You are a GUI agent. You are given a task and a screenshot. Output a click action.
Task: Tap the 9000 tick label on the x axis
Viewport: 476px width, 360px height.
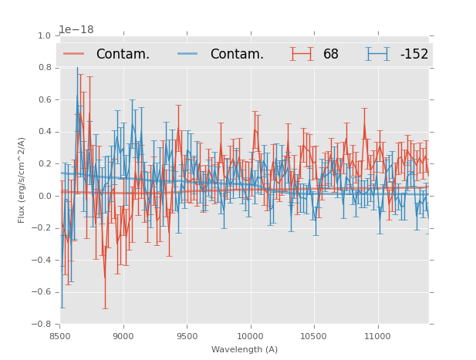pos(123,336)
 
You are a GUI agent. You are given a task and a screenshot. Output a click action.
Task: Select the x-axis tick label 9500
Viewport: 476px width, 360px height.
pos(187,336)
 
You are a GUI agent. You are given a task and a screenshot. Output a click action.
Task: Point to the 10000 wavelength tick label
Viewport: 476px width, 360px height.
pos(250,336)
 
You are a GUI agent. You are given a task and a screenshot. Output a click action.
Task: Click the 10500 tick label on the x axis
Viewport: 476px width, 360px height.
pos(314,336)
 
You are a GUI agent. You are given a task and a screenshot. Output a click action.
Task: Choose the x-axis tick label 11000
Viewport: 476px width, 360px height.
pos(377,336)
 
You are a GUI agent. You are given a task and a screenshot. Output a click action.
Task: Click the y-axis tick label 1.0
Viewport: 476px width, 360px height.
pos(45,36)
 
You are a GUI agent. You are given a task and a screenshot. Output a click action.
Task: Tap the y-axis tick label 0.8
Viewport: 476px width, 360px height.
pos(45,68)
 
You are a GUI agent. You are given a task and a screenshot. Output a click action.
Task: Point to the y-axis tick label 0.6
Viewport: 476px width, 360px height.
pos(45,100)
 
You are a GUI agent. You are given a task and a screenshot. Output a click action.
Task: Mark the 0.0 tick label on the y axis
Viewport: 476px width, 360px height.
pos(45,196)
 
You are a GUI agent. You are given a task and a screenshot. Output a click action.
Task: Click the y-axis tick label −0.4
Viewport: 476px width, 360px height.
pos(42,260)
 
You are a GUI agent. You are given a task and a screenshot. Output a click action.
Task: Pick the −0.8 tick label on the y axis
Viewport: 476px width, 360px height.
pos(42,324)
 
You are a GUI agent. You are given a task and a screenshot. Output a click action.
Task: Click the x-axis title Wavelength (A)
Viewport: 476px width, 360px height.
pos(245,349)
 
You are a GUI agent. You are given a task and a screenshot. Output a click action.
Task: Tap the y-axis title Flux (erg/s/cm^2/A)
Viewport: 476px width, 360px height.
pos(22,180)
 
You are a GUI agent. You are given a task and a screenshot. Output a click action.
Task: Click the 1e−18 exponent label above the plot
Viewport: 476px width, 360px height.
pos(76,29)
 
